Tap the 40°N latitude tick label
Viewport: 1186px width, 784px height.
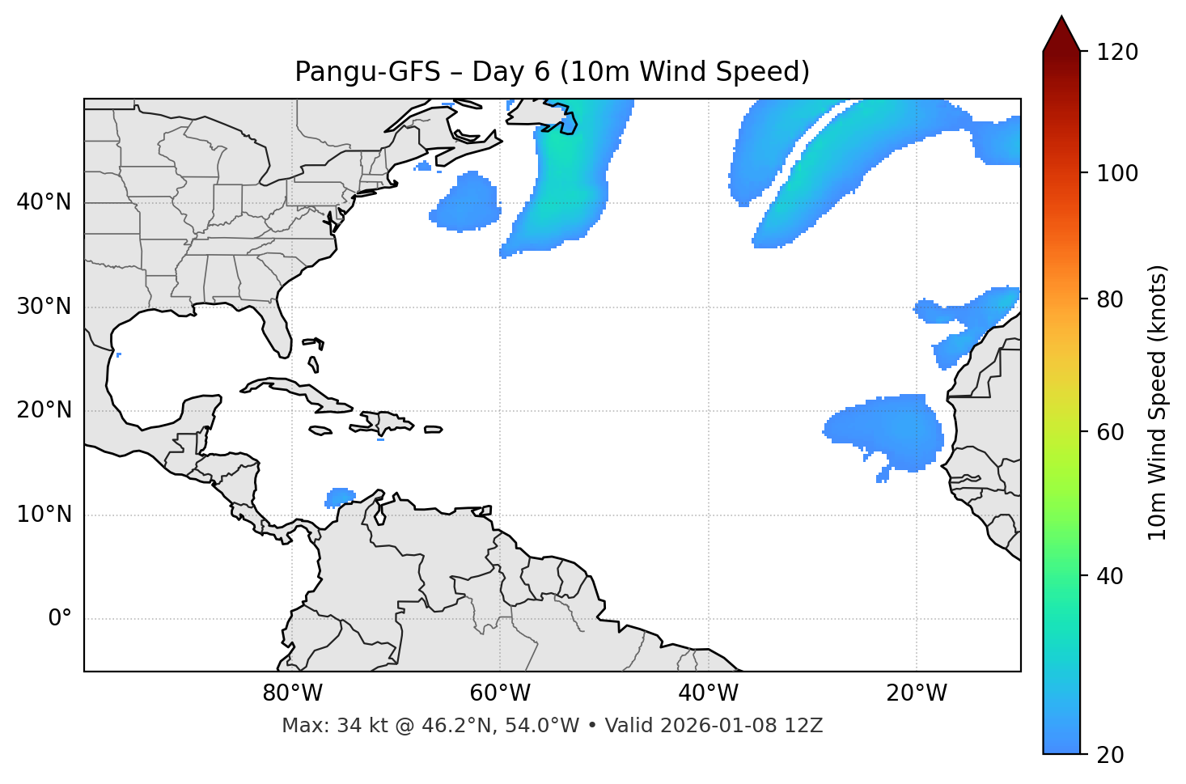tap(44, 202)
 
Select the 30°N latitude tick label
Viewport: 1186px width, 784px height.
tap(44, 307)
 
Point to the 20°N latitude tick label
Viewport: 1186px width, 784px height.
tap(44, 410)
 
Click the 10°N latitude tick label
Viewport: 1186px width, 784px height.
tap(44, 515)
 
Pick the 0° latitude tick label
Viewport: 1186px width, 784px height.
tap(60, 619)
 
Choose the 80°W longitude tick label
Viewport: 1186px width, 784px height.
tap(292, 693)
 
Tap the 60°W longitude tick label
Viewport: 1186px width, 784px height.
tap(500, 693)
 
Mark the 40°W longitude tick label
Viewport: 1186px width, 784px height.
tap(708, 693)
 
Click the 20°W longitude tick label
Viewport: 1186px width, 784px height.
tap(916, 693)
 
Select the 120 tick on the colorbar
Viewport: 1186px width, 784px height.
tap(1117, 53)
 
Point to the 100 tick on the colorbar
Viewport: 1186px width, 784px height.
tap(1117, 173)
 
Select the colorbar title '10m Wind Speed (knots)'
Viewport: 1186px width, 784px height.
tap(1158, 402)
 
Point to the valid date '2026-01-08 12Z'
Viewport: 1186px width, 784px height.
tap(741, 726)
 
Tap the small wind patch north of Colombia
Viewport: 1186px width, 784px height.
tap(341, 496)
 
